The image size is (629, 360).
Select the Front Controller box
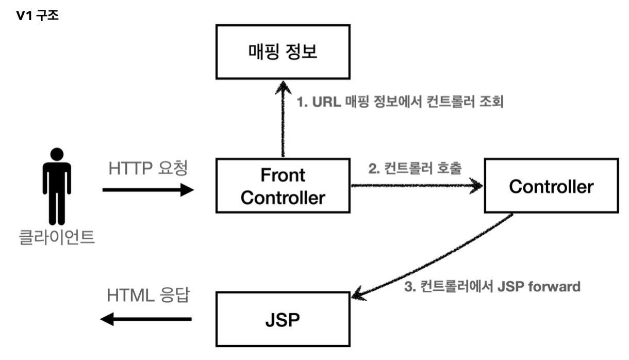(x=283, y=186)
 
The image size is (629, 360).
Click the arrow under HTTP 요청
(x=148, y=190)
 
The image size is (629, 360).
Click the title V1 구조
(x=38, y=16)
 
